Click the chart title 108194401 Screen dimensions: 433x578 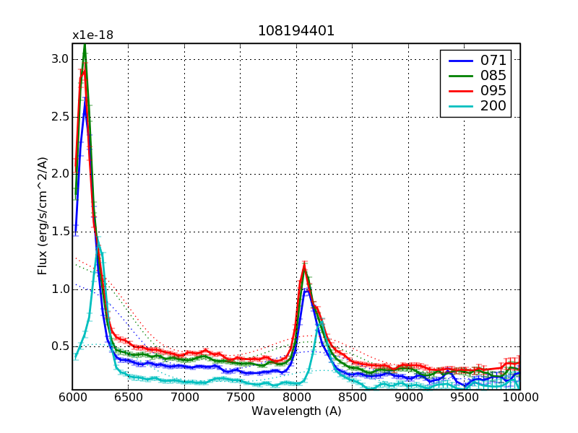296,32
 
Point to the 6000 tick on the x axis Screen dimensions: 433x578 72,398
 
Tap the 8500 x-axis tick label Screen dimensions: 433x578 352,398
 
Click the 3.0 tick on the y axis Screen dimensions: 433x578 59,59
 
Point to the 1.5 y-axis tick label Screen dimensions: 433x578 59,232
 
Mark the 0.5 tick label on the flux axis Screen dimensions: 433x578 59,346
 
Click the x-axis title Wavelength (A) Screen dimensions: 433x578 296,411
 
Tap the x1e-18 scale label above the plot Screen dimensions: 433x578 92,35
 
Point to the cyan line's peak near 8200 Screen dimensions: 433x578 320,323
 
